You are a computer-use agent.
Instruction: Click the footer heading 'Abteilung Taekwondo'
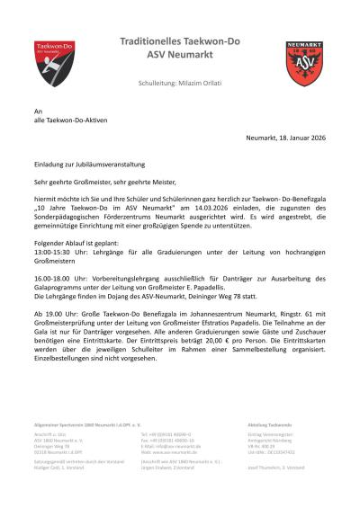tap(270, 422)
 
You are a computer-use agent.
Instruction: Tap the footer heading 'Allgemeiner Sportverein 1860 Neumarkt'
tap(83, 422)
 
